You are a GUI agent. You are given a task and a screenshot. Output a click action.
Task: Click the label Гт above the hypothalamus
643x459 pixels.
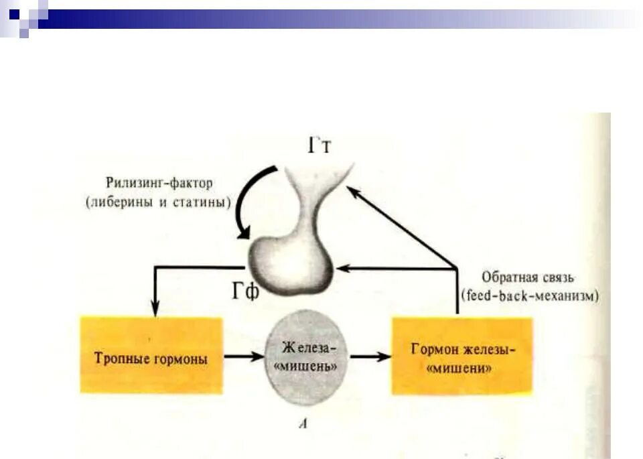point(319,146)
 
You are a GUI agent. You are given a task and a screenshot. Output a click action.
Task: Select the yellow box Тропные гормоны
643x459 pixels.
point(151,355)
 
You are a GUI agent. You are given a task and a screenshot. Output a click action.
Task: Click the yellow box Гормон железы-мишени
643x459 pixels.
point(461,356)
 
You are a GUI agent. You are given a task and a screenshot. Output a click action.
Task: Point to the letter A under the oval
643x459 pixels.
point(305,423)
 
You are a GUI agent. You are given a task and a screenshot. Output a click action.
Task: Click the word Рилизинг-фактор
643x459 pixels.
point(158,182)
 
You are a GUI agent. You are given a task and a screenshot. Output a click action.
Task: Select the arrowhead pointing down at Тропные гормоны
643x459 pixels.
point(155,310)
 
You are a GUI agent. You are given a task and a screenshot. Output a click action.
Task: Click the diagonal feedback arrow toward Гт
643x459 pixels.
point(402,228)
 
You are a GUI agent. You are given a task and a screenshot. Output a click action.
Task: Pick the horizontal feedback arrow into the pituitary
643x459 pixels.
point(395,269)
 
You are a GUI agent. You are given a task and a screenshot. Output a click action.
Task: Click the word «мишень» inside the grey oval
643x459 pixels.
point(309,368)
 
